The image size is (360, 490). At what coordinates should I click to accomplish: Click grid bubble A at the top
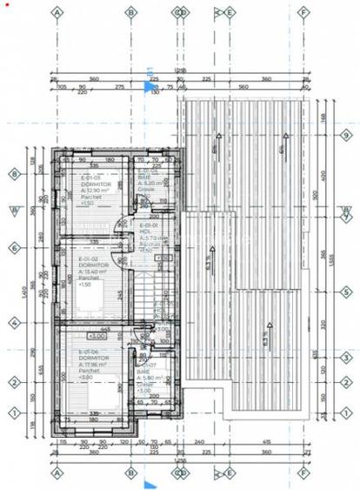(57, 13)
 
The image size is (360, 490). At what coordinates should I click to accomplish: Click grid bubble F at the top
(304, 13)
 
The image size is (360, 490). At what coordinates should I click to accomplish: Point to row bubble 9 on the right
(345, 135)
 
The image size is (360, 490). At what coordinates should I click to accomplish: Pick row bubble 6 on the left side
(14, 248)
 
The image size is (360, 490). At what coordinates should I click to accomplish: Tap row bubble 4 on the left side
(14, 322)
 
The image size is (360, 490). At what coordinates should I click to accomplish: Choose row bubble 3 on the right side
(345, 357)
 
